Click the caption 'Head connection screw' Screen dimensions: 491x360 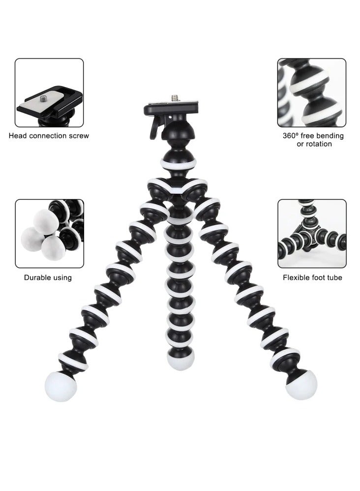(49, 135)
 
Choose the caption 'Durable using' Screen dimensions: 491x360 (48, 277)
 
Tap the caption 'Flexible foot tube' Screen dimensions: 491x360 (312, 277)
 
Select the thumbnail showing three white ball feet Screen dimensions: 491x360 (49, 233)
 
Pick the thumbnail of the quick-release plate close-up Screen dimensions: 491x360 (49, 92)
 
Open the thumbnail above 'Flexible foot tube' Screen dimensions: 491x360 (312, 233)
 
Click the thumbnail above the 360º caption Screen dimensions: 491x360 (312, 92)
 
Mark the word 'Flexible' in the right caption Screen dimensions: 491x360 (296, 277)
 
